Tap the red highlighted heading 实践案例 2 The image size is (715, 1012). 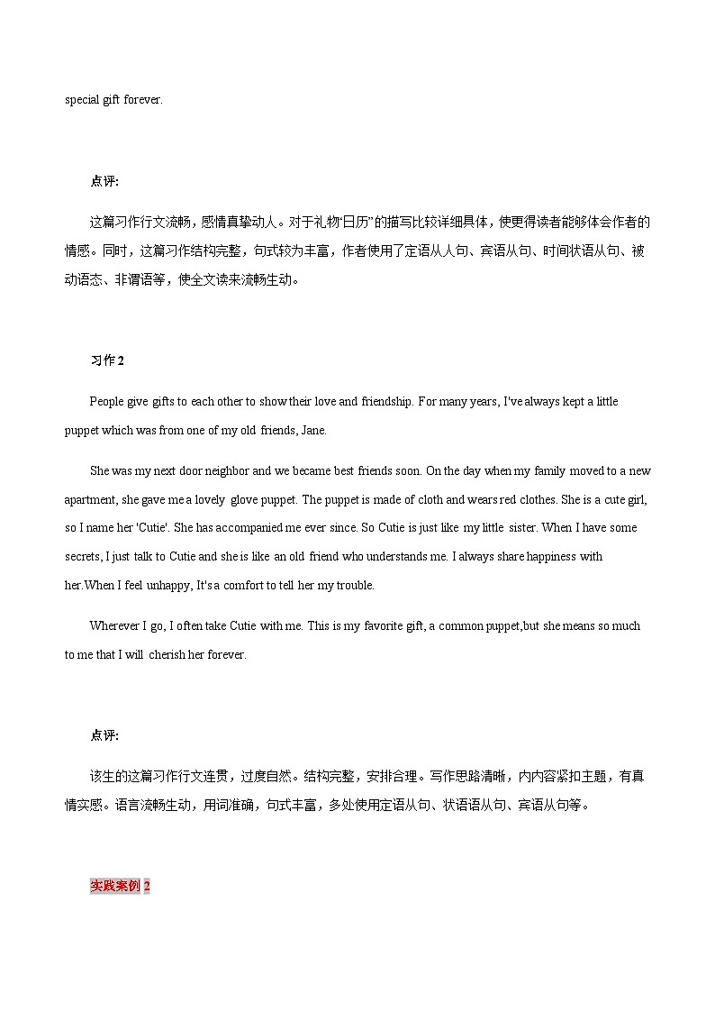pos(120,886)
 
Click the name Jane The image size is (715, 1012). pos(312,430)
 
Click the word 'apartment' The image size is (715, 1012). pos(89,499)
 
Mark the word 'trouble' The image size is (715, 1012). pos(353,586)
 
